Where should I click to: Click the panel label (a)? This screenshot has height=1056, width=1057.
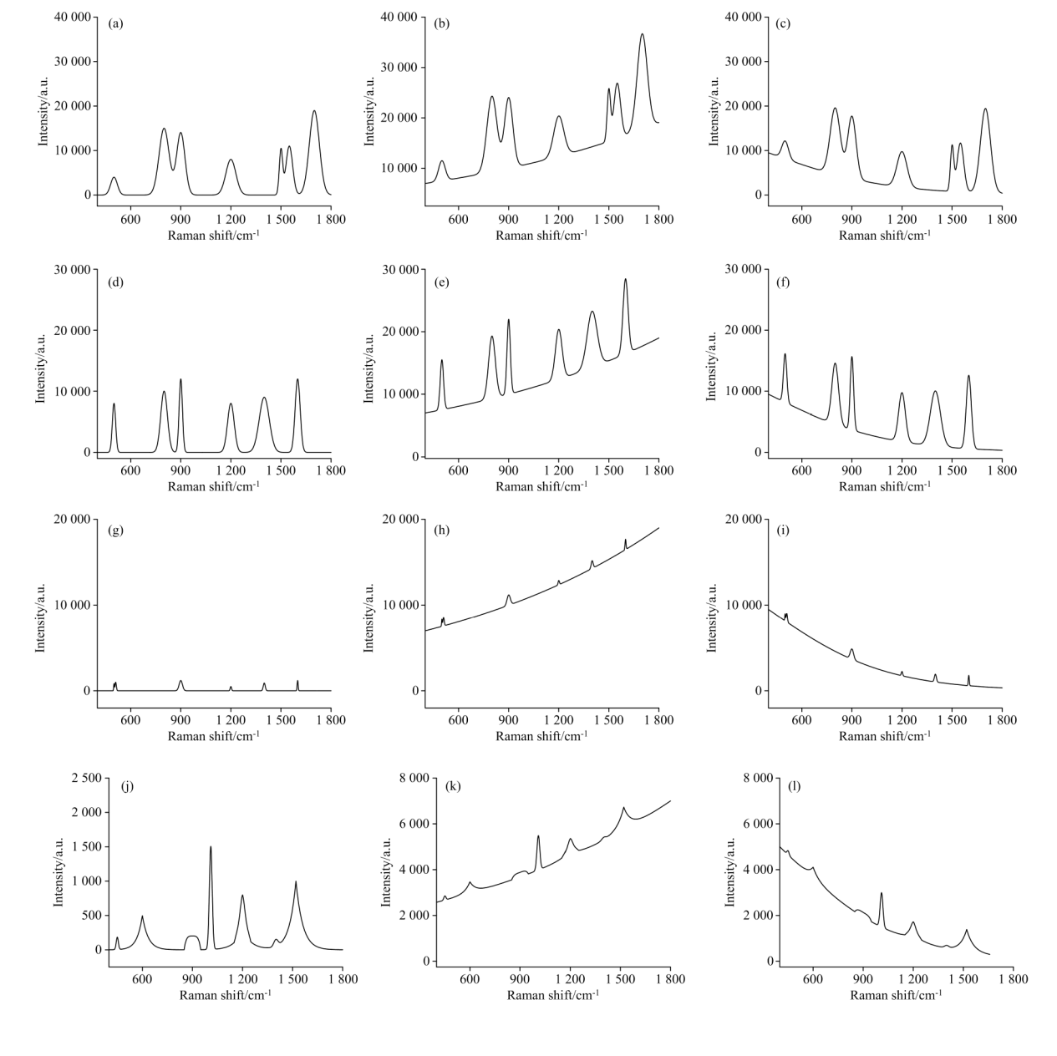pos(116,23)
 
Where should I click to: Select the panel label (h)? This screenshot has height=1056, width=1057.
pos(444,531)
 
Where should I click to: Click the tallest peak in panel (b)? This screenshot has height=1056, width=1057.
pos(642,35)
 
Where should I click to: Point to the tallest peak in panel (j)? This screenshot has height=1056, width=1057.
pos(211,847)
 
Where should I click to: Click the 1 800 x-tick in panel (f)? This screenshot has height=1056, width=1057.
pos(1002,471)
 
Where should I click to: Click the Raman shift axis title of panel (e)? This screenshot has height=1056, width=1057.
pos(541,486)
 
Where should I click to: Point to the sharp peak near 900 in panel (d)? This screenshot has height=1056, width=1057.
pos(180,380)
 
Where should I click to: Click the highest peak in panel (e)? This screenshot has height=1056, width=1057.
pos(625,280)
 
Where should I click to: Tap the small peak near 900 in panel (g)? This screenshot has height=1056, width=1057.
pos(180,681)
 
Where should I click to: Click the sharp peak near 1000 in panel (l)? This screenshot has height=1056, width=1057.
pos(881,893)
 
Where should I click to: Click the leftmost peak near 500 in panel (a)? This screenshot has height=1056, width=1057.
pos(114,178)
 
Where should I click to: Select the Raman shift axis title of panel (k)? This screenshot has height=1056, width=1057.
pos(553,995)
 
